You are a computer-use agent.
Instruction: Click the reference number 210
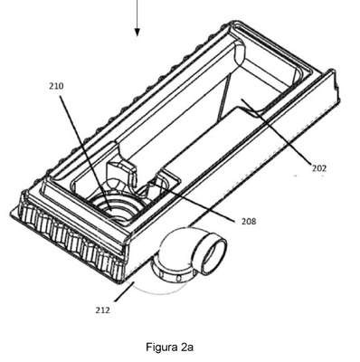[x=56, y=86]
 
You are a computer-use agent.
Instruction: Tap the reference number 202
[x=319, y=168]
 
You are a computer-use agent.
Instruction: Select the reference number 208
[x=249, y=221]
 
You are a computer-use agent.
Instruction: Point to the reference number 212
[x=102, y=310]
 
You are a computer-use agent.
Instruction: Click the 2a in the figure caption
[x=187, y=347]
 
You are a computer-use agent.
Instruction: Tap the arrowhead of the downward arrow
[x=137, y=32]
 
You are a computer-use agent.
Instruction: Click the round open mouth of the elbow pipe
[x=210, y=254]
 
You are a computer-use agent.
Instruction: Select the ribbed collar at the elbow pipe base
[x=172, y=274]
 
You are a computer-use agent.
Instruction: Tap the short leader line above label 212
[x=124, y=291]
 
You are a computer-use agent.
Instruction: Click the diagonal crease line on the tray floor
[x=223, y=97]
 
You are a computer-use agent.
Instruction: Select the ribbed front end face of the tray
[x=71, y=238]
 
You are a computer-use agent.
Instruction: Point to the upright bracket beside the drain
[x=122, y=175]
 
